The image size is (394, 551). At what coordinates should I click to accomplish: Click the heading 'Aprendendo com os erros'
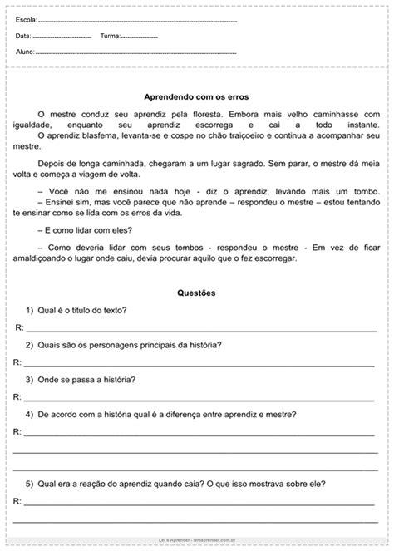(197, 97)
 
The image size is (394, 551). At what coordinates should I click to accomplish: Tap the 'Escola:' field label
(26, 18)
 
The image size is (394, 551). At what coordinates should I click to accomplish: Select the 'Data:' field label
(23, 37)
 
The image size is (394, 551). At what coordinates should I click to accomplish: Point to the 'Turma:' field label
(110, 37)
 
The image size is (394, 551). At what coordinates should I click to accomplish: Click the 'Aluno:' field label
(25, 52)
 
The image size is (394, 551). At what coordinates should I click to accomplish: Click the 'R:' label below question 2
(17, 362)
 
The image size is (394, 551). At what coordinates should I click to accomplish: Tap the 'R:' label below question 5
(17, 501)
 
